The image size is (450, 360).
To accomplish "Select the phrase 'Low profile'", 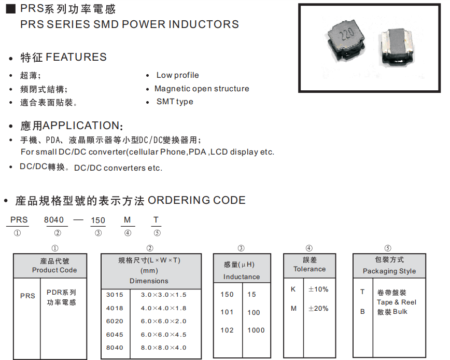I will point(177,75).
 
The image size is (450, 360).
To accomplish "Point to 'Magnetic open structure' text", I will point(202,89).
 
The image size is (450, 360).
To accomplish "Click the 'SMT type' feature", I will point(175,102).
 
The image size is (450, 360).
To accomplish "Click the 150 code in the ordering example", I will point(98,220).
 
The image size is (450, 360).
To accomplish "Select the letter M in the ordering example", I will point(128,220).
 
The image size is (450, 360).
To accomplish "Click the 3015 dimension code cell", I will point(115,295).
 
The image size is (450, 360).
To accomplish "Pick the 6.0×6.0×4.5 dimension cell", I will point(163,335).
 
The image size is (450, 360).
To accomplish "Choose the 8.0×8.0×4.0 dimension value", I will point(163,348).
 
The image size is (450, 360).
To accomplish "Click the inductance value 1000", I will point(256,330).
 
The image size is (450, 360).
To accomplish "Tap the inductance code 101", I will point(227,312).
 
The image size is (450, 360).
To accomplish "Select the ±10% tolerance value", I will point(318,289).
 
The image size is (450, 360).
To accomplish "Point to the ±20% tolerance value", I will point(318,309).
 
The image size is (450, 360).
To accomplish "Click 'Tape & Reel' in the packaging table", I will point(397,302).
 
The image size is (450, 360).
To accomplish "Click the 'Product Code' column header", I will point(54,270).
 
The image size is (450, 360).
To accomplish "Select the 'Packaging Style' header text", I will point(389,271).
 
